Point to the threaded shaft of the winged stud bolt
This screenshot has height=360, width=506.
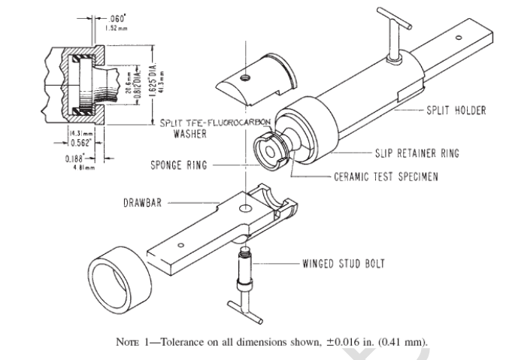[245, 267]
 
